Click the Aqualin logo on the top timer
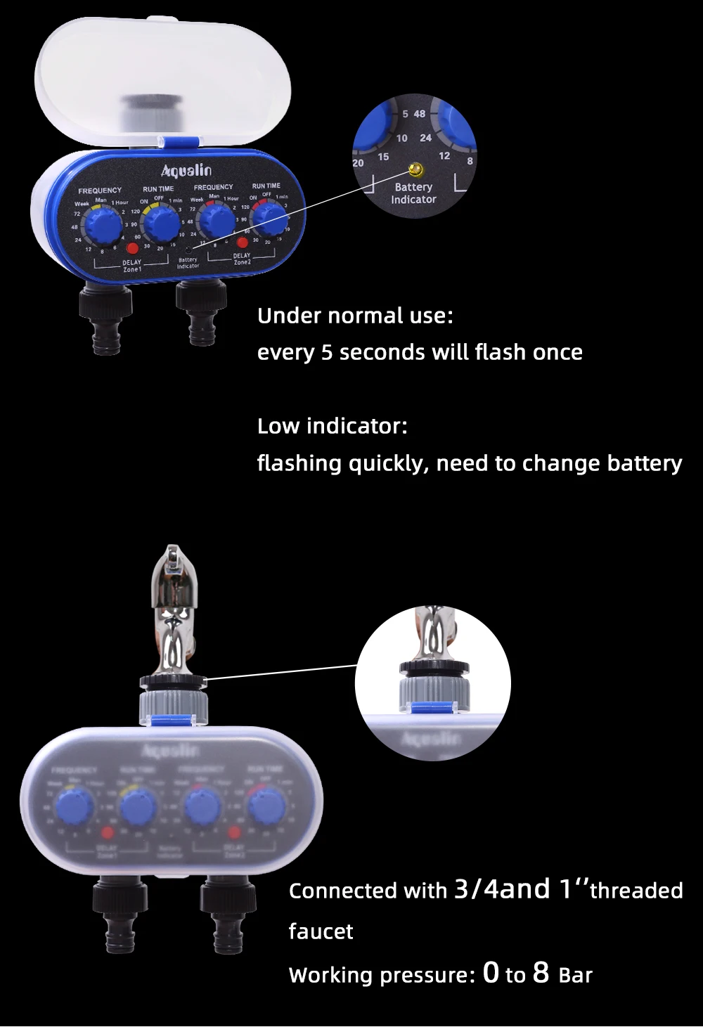(186, 171)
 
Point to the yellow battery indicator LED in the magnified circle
(415, 169)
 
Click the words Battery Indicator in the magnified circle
(413, 193)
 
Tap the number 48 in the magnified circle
(420, 114)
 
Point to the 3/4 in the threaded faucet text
(476, 889)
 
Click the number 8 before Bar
(541, 973)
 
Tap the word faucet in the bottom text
(321, 931)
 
